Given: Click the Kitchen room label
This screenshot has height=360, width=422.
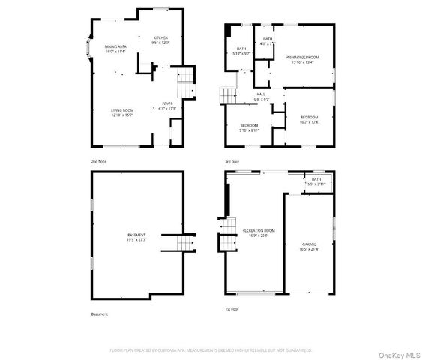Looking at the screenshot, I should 160,40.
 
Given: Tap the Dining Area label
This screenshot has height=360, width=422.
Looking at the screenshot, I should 115,49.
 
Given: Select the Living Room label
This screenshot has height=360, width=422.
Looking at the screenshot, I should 122,112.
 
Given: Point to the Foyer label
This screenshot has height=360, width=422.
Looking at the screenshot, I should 167,106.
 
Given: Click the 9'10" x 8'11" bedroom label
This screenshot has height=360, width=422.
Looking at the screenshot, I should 249,127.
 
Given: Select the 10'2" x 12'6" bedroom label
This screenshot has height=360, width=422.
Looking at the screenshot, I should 310,119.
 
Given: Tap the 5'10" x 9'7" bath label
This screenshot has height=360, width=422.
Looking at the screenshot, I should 242,52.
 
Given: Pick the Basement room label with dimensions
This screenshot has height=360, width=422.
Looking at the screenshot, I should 136,238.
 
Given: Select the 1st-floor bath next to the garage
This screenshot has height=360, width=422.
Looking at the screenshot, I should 316,181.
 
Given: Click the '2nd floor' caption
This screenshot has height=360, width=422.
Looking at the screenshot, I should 98,161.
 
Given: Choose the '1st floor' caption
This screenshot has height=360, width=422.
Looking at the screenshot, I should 231,308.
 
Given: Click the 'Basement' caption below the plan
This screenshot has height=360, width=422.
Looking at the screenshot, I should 100,314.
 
